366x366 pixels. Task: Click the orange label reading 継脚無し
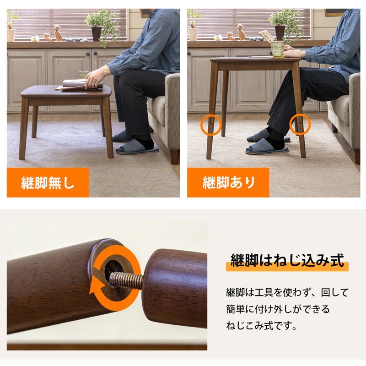pos(48,183)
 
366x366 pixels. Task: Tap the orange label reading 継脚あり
pos(229,183)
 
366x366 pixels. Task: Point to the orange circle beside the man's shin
pos(300,124)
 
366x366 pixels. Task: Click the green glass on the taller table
pos(277,49)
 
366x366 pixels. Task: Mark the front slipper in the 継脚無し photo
pos(137,148)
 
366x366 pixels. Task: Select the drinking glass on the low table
pos(82,74)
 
